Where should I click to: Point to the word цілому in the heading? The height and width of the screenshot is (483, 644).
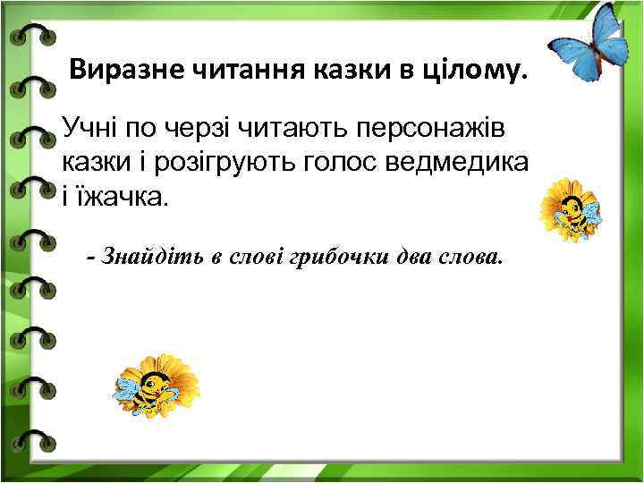[x=470, y=70]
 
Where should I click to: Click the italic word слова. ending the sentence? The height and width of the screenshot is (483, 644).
[x=466, y=258]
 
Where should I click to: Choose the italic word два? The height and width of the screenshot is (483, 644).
[x=410, y=258]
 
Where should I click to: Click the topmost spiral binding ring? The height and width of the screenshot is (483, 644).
[x=32, y=36]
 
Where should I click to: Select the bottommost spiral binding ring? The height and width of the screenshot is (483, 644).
[x=32, y=439]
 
